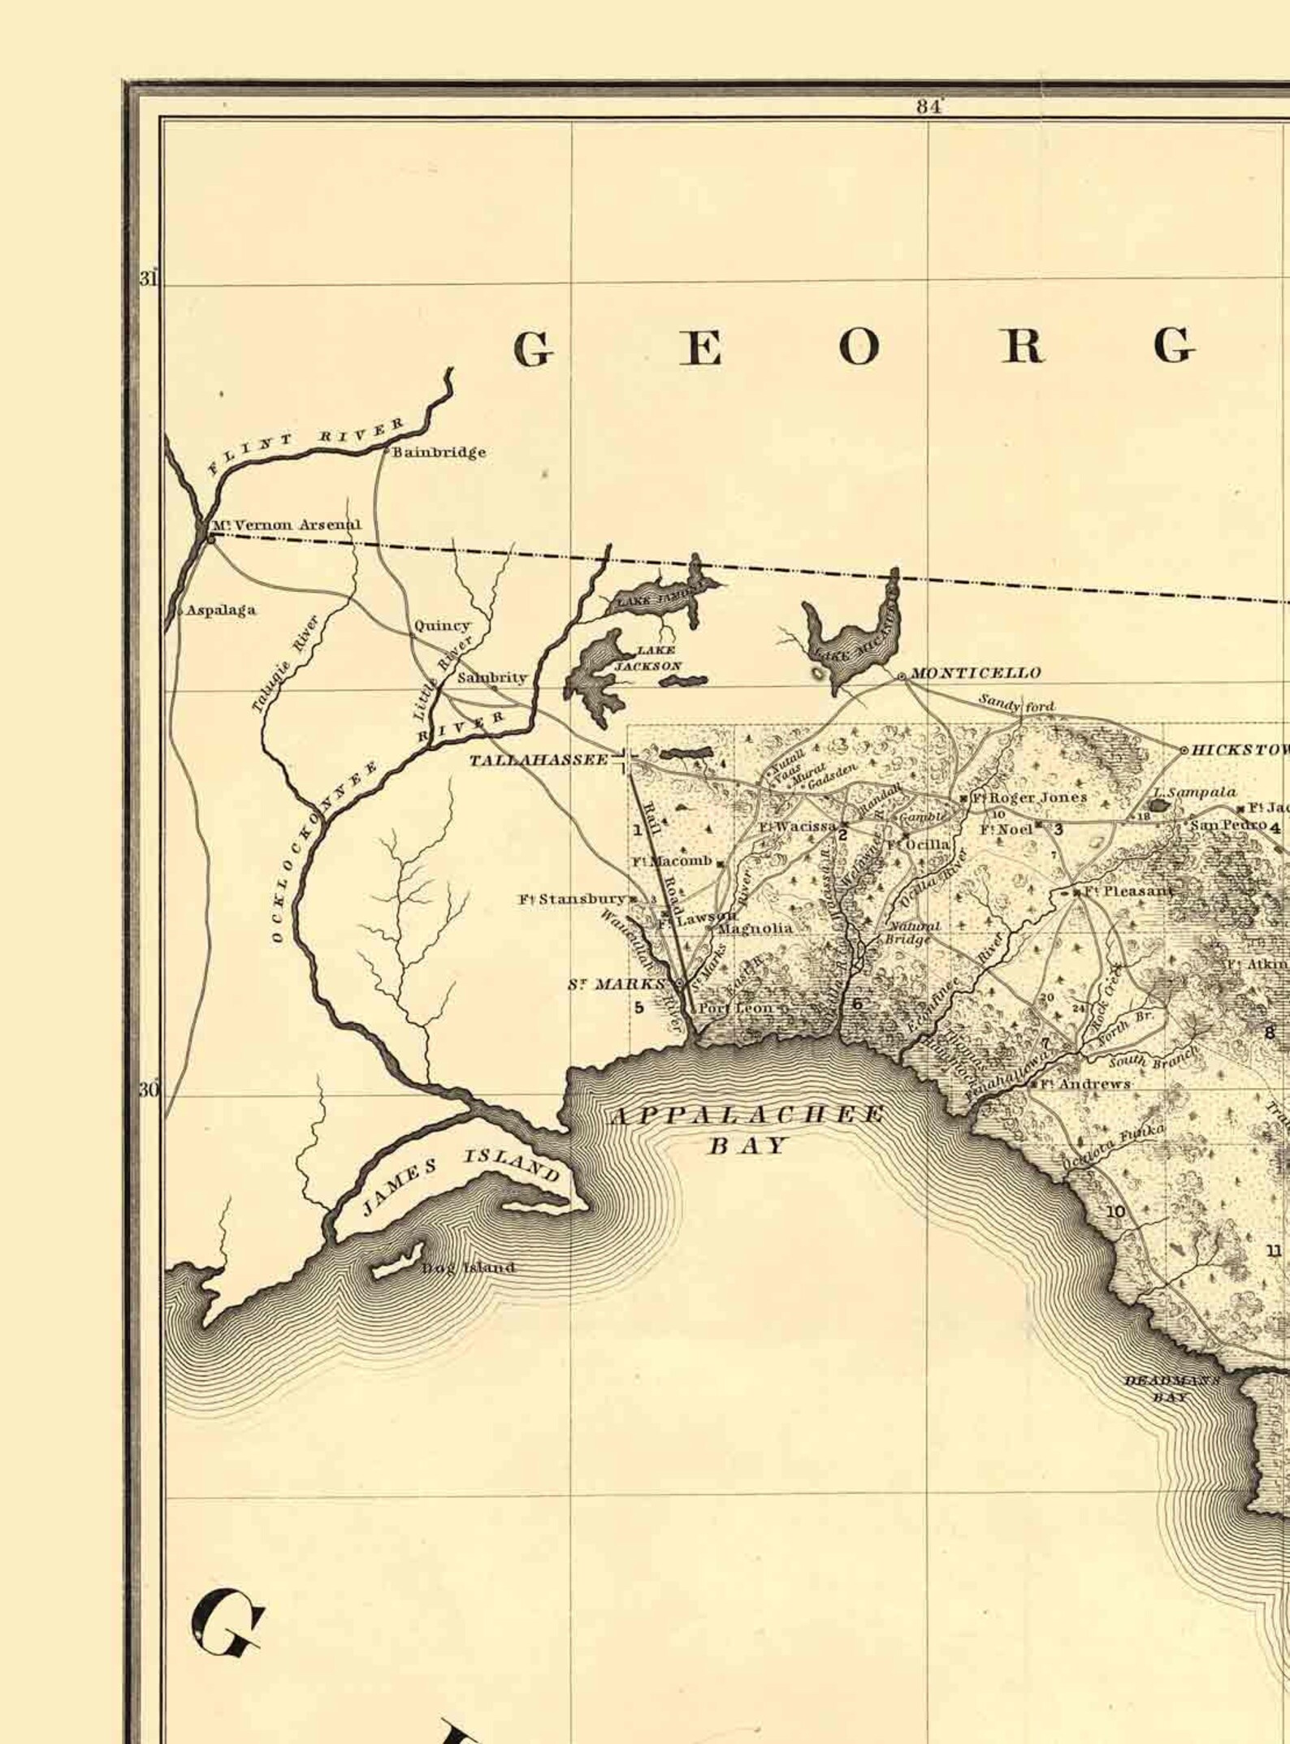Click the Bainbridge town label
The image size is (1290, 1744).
pyautogui.click(x=439, y=452)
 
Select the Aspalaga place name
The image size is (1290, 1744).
pyautogui.click(x=221, y=610)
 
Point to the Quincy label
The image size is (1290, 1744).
pyautogui.click(x=442, y=625)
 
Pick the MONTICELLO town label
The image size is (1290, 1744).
pyautogui.click(x=975, y=673)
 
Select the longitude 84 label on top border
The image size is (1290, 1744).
pyautogui.click(x=928, y=106)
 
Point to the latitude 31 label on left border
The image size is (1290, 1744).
pyautogui.click(x=148, y=279)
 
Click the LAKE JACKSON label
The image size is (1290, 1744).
pyautogui.click(x=658, y=658)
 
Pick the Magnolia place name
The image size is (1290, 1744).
pyautogui.click(x=755, y=928)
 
